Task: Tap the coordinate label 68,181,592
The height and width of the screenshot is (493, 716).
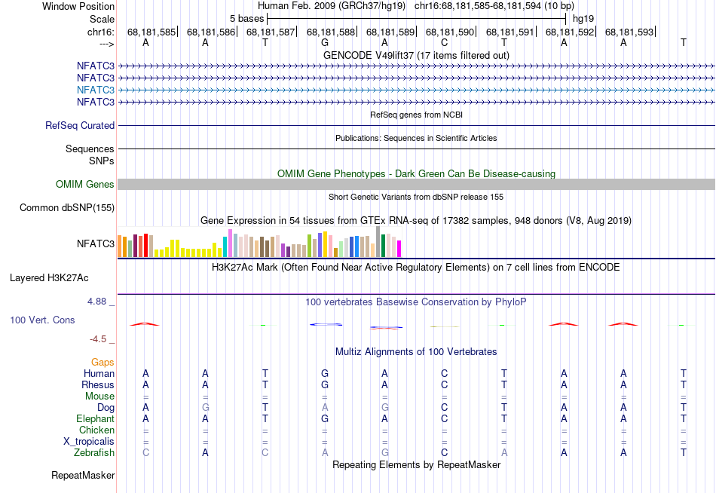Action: (x=570, y=32)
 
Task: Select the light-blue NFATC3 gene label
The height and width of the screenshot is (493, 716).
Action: (x=95, y=90)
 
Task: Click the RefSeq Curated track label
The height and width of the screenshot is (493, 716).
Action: (x=80, y=126)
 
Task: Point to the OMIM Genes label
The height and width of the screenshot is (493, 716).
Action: (x=85, y=185)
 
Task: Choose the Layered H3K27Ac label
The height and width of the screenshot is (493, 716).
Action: (x=62, y=277)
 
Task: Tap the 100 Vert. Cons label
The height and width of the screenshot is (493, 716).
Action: (x=42, y=320)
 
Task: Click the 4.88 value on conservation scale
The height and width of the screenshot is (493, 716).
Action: (x=100, y=302)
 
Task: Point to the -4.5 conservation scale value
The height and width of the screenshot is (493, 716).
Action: (x=102, y=339)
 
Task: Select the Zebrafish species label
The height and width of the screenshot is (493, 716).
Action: (x=94, y=452)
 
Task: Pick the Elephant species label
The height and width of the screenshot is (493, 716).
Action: (x=95, y=418)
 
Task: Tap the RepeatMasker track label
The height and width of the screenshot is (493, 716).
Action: (x=83, y=476)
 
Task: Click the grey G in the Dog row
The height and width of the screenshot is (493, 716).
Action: (x=205, y=407)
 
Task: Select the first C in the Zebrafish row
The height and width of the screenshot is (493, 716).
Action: (x=145, y=452)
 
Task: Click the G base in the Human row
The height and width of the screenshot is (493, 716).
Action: (x=325, y=373)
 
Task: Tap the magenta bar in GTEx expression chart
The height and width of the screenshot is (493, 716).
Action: (x=399, y=248)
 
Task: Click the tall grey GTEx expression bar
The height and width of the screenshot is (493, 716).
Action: (x=378, y=241)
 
